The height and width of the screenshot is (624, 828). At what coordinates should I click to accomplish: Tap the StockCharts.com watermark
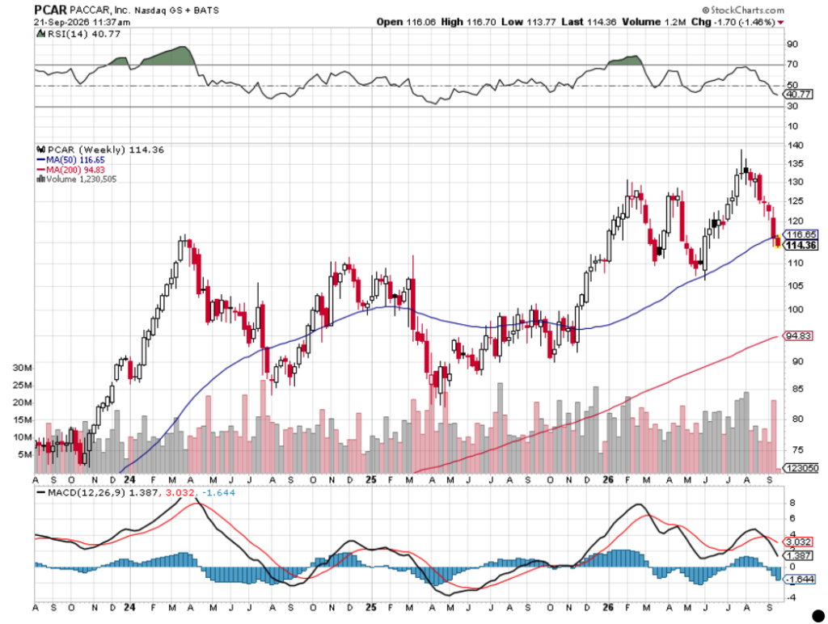743,10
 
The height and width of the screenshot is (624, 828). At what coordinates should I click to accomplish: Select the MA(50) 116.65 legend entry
70,159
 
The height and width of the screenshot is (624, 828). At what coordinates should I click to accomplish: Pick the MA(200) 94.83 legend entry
70,170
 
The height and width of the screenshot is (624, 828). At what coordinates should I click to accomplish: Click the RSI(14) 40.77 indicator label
78,34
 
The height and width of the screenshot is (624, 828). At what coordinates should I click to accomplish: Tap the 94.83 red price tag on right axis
798,335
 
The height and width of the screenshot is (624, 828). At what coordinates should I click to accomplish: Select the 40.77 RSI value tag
798,94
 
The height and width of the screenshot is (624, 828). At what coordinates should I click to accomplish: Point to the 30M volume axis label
23,368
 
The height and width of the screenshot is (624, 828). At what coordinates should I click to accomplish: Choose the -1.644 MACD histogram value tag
799,580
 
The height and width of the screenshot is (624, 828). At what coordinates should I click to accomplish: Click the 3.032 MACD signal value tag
798,542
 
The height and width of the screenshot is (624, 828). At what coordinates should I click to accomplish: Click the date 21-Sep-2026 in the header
58,22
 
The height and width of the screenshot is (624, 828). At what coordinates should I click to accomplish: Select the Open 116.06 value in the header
406,22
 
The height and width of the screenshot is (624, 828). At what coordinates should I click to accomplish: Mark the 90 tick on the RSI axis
792,44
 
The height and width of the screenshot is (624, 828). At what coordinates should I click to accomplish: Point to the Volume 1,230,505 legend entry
77,179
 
